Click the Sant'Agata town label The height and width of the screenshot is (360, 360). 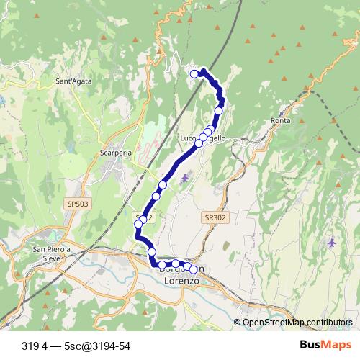73,82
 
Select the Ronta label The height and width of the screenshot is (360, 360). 282,120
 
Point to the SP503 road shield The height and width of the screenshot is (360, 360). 80,204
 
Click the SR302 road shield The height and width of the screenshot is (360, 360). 214,217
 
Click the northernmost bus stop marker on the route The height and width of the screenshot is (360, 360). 194,73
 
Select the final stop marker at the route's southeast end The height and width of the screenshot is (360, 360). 193,270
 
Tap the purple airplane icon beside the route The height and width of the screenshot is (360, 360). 186,177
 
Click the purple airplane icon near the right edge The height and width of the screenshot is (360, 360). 331,243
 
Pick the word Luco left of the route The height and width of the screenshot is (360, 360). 189,138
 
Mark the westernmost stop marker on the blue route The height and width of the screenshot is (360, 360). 139,225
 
